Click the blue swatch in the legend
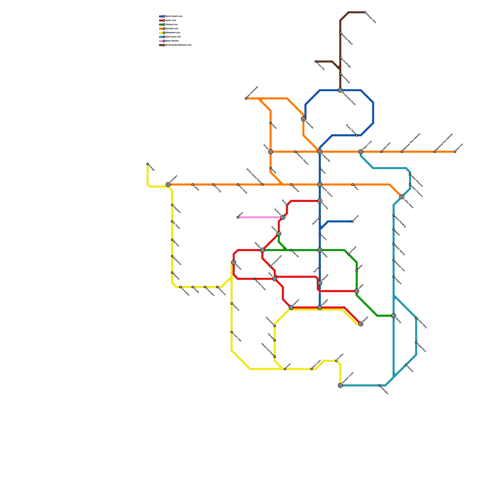(x=161, y=16)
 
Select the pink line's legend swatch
(x=161, y=41)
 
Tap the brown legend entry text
(x=178, y=45)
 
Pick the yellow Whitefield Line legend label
(x=173, y=33)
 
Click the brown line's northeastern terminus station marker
(x=365, y=12)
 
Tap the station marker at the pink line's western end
(x=238, y=217)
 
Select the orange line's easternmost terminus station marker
(x=455, y=152)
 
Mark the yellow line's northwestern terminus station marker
(x=148, y=164)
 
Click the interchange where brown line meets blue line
(x=340, y=90)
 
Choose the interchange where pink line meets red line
(x=283, y=217)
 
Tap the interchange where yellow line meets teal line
(x=340, y=385)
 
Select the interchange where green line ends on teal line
(x=394, y=316)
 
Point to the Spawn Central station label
(x=327, y=192)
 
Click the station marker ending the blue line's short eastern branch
(x=353, y=221)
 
